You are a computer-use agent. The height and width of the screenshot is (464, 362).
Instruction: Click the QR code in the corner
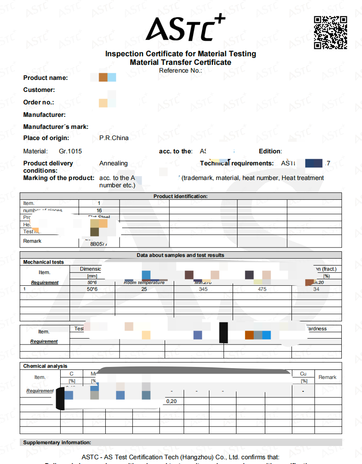[x=330, y=33]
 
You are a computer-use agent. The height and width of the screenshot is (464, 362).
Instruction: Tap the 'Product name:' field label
[x=46, y=78]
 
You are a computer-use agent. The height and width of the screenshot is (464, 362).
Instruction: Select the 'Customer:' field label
[x=39, y=90]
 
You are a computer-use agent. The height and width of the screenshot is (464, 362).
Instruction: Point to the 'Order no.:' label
[x=39, y=103]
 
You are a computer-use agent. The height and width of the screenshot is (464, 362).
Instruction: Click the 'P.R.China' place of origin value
[x=114, y=138]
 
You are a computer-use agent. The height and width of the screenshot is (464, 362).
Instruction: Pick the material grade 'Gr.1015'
[x=71, y=151]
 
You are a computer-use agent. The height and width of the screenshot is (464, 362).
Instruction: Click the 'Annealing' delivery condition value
[x=114, y=163]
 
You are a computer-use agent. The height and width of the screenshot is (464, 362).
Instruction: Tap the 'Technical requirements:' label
[x=237, y=163]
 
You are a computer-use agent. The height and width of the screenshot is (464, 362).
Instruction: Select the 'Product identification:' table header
[x=181, y=196]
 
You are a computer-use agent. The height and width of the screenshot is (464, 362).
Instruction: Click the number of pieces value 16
[x=99, y=211]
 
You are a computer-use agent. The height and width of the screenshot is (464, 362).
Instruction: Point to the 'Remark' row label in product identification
[x=32, y=241]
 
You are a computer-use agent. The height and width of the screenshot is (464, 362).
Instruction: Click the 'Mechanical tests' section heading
[x=43, y=262]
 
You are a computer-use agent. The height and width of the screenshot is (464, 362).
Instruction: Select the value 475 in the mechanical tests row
[x=262, y=289]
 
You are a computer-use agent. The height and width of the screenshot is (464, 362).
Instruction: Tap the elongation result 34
[x=316, y=289]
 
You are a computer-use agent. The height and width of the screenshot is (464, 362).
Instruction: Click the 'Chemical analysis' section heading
[x=45, y=366]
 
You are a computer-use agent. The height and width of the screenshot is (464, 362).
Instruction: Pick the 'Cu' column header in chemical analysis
[x=303, y=374]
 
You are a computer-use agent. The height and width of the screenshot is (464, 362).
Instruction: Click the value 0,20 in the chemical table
[x=171, y=401]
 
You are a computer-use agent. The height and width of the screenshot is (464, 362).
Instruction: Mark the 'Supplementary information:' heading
[x=57, y=443]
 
